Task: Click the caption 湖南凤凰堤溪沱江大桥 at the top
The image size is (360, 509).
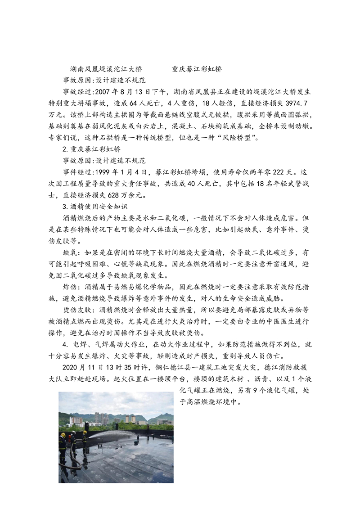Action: pos(106,69)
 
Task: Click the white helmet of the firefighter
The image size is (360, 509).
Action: pos(74,433)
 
